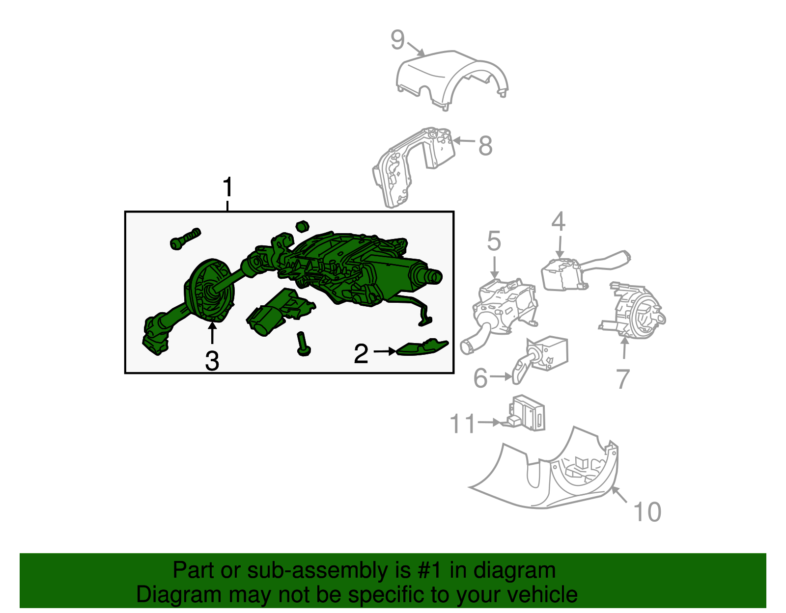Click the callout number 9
[x=397, y=40]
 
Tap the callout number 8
[x=485, y=146]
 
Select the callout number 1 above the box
[x=227, y=187]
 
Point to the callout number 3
[x=212, y=361]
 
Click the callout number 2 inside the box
[x=361, y=353]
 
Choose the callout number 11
[x=462, y=424]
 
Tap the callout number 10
[x=647, y=512]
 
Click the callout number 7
[x=623, y=379]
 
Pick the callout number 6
[x=480, y=378]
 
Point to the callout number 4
[x=558, y=221]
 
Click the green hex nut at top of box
[x=302, y=226]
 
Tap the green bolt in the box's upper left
[x=185, y=239]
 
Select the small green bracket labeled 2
[x=422, y=347]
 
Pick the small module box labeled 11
[x=523, y=413]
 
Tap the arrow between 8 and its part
[x=464, y=140]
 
